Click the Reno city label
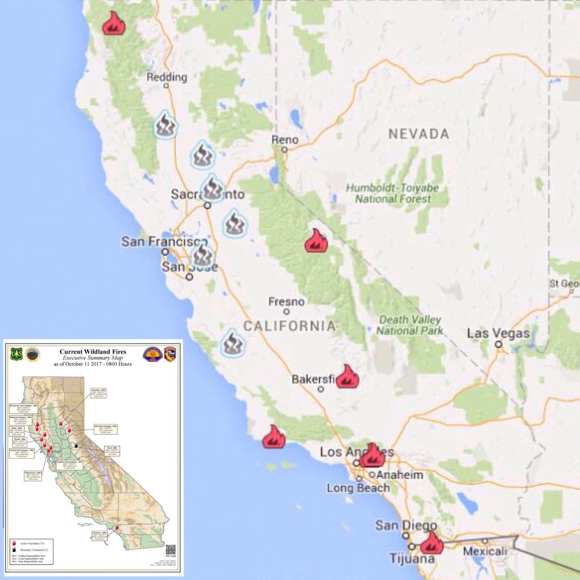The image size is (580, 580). click(x=284, y=139)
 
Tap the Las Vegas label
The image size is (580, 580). click(x=498, y=333)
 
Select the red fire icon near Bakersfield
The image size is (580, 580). click(x=347, y=377)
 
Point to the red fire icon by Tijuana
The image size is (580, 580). click(x=432, y=543)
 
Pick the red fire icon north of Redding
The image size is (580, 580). click(x=114, y=23)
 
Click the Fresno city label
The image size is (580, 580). click(x=286, y=301)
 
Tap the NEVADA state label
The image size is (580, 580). click(x=419, y=134)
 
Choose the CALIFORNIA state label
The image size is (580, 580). click(x=289, y=326)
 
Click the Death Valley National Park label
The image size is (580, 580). click(x=410, y=325)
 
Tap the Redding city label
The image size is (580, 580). click(x=167, y=77)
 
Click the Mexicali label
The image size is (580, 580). click(x=484, y=551)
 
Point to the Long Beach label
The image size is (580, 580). click(x=358, y=488)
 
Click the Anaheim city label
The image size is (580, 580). click(x=400, y=475)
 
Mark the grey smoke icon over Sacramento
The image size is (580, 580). click(x=213, y=187)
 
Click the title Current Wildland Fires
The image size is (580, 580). click(x=93, y=352)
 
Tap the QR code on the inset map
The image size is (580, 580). click(x=170, y=549)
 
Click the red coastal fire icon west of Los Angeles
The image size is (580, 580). click(x=274, y=437)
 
